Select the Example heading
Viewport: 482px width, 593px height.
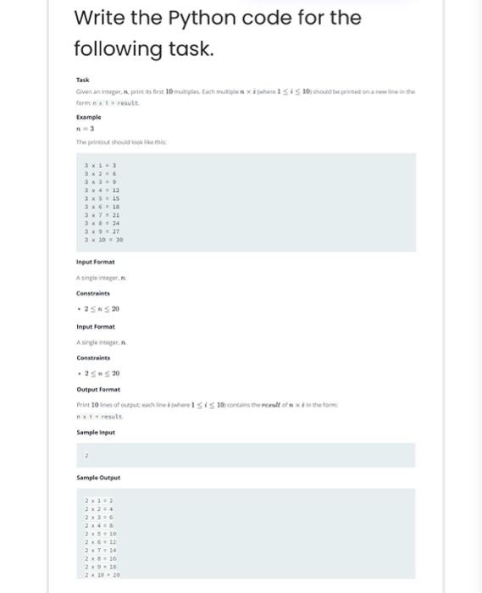(x=88, y=118)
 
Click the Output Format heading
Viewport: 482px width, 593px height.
(x=97, y=389)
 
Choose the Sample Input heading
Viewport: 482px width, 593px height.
(x=96, y=432)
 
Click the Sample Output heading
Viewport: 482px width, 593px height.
(x=98, y=479)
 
